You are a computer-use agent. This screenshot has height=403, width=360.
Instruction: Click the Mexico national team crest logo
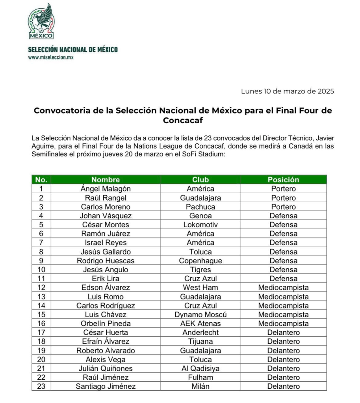pos(41,22)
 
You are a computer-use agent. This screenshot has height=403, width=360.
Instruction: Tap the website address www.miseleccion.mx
pos(51,57)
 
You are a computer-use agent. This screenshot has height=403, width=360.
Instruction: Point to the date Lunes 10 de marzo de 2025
pos(288,91)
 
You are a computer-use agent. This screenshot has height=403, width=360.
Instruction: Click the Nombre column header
pos(106,180)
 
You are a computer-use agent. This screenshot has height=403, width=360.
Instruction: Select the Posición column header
pos(283,180)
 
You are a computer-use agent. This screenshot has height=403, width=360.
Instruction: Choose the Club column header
pos(200,180)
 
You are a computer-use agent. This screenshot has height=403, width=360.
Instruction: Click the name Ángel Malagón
pos(106,189)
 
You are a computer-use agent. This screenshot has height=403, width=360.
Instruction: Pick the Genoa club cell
pos(200,216)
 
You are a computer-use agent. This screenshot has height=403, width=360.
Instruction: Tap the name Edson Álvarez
pos(106,288)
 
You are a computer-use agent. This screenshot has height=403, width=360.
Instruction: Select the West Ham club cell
pos(200,288)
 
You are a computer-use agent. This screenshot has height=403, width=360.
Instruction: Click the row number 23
pos(41,386)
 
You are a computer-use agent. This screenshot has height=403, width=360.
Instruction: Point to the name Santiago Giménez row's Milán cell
pos(200,386)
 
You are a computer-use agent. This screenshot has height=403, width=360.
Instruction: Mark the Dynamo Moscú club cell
pos(200,315)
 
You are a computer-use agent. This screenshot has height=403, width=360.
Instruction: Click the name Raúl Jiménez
pos(106,377)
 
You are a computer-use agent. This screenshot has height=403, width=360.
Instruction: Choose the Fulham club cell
pos(200,377)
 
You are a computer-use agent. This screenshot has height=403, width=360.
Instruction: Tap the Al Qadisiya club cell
pos(200,368)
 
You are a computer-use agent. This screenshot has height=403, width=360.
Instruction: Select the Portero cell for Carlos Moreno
pos(283,207)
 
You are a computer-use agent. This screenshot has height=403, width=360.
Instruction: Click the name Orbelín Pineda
pos(106,323)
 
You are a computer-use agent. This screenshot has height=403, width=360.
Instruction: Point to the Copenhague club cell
pos(200,261)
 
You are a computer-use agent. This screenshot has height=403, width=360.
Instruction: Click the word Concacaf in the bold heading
pos(183,121)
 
